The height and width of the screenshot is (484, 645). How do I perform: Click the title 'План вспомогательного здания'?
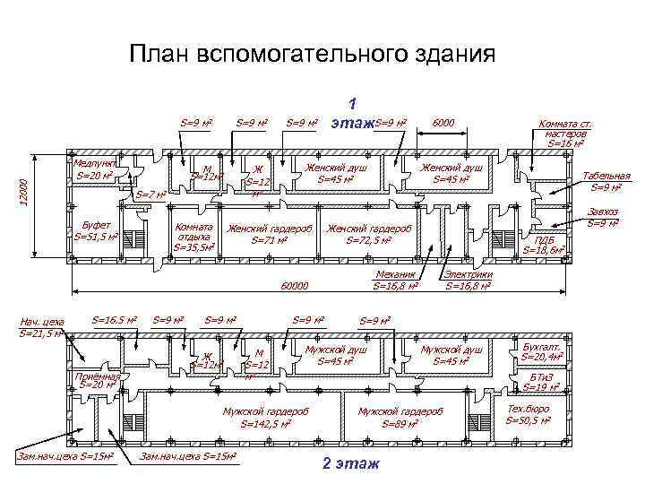pyautogui.click(x=311, y=56)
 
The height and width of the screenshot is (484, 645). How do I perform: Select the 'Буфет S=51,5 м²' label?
pyautogui.click(x=96, y=231)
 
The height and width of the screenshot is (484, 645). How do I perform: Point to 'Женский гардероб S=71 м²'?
pyautogui.click(x=270, y=234)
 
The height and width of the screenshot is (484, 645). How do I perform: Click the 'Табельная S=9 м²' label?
pyautogui.click(x=606, y=181)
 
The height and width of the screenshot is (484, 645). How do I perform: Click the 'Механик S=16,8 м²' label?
pyautogui.click(x=395, y=281)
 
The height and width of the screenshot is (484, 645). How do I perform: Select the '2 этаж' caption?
pyautogui.click(x=350, y=463)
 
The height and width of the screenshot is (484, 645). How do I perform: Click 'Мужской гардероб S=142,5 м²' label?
pyautogui.click(x=265, y=417)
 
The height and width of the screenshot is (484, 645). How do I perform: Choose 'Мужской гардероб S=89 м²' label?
pyautogui.click(x=400, y=417)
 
